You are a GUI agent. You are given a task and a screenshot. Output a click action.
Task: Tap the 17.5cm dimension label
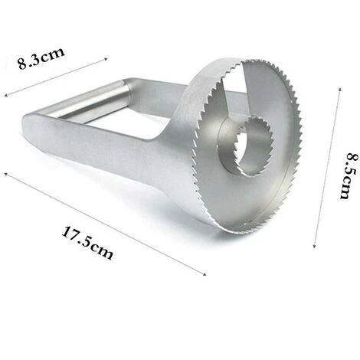87,242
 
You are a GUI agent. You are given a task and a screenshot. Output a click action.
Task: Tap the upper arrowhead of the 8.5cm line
339,90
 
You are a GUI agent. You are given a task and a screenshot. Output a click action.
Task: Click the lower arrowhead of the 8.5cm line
315,245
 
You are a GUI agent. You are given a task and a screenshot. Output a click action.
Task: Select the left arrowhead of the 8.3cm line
6,95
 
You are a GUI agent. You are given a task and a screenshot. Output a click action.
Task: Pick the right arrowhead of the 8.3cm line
105,59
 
